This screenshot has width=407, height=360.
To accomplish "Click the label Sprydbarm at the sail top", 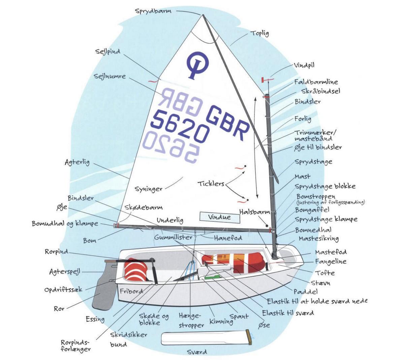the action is pos(153,11).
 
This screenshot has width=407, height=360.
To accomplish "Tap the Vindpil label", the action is pos(304,65).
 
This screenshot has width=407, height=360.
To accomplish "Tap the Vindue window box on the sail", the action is pos(219,217).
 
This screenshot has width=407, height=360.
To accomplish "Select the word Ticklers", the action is pos(211,184).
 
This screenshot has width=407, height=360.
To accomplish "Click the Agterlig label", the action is pos(77,162).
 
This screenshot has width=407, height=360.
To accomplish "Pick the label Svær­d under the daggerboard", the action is pos(197,352).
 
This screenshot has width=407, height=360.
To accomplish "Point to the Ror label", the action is pos(59,308).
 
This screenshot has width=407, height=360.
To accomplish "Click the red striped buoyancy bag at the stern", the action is pos(135,270).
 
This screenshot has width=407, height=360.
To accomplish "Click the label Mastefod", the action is pos(331,252).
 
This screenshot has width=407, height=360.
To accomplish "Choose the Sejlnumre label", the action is pos(110,76).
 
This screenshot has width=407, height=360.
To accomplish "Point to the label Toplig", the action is pos(260,33).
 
